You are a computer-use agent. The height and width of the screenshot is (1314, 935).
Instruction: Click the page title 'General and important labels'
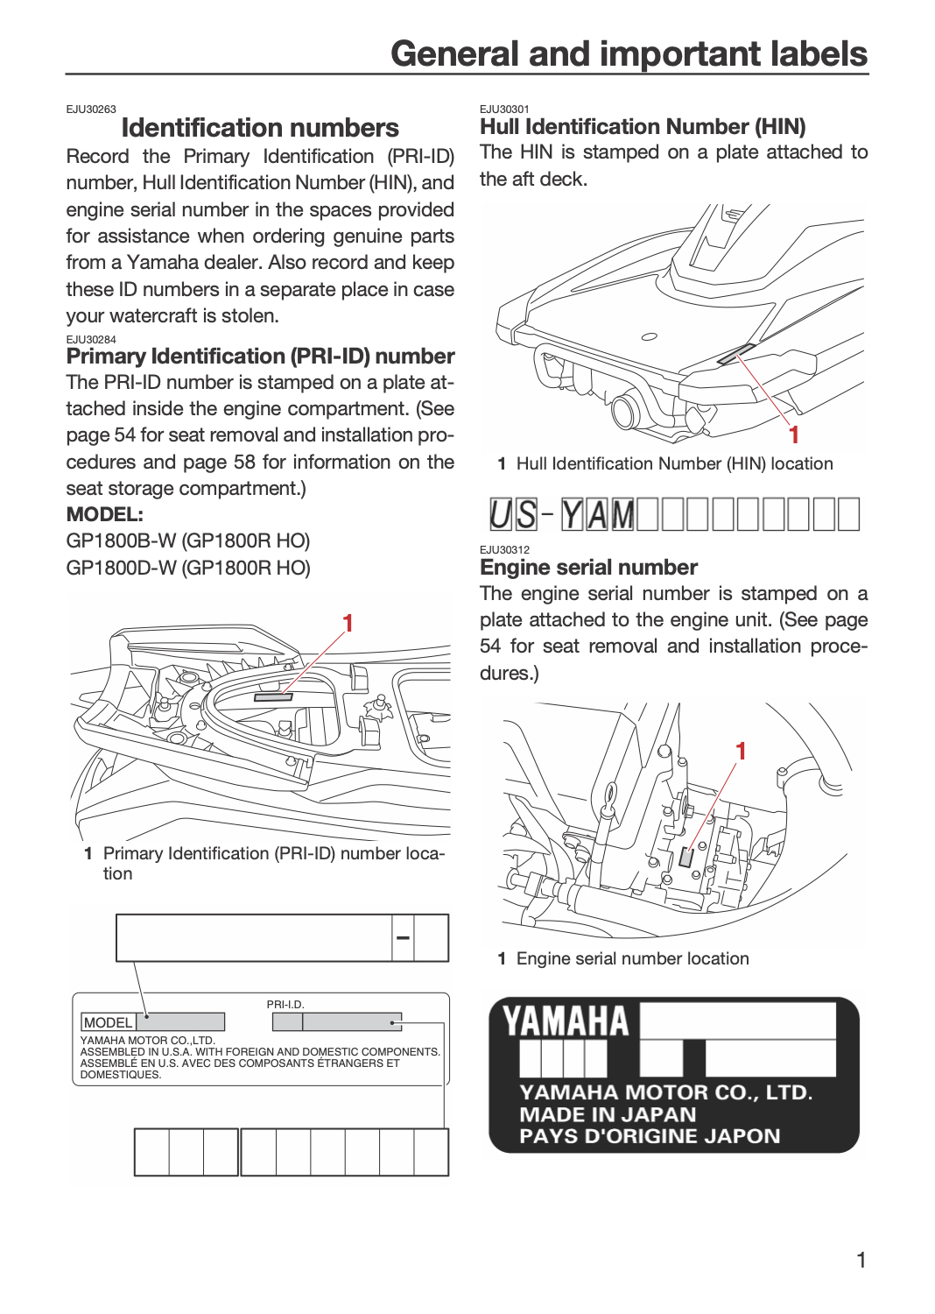click(629, 54)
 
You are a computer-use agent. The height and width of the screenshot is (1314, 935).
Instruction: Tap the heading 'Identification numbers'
click(260, 128)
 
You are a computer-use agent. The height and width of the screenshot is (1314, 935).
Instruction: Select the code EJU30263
click(91, 109)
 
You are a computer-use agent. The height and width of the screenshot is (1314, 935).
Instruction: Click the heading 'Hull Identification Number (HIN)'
click(643, 127)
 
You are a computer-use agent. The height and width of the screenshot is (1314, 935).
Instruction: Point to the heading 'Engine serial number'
click(588, 568)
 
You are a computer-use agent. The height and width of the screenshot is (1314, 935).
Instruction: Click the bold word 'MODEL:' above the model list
click(104, 514)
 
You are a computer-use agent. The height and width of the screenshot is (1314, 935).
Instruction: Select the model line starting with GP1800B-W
click(188, 540)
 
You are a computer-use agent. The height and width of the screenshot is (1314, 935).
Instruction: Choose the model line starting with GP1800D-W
click(188, 568)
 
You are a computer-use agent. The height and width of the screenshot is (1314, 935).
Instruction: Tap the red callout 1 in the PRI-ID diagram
click(348, 624)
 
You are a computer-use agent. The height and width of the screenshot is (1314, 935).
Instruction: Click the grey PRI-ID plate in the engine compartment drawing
click(273, 697)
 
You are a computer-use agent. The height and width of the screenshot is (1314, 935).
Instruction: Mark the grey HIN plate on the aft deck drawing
click(736, 354)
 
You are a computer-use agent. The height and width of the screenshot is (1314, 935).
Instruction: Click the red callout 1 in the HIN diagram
click(794, 435)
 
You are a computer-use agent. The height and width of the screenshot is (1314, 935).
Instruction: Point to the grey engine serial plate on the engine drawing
click(685, 858)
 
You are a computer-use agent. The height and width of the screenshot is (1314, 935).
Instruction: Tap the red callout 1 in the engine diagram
click(741, 752)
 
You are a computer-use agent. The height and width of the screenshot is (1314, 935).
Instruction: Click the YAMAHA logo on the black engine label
click(566, 1021)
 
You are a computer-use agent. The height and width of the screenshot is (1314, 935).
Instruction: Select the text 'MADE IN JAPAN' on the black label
click(608, 1114)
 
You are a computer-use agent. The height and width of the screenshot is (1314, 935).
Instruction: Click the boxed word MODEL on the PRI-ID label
click(109, 1022)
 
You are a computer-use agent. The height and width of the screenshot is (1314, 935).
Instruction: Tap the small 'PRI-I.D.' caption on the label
click(285, 1004)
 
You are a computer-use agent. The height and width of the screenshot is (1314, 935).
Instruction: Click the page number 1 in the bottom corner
click(861, 1260)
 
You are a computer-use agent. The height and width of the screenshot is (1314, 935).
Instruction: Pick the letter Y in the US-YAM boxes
click(572, 514)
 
